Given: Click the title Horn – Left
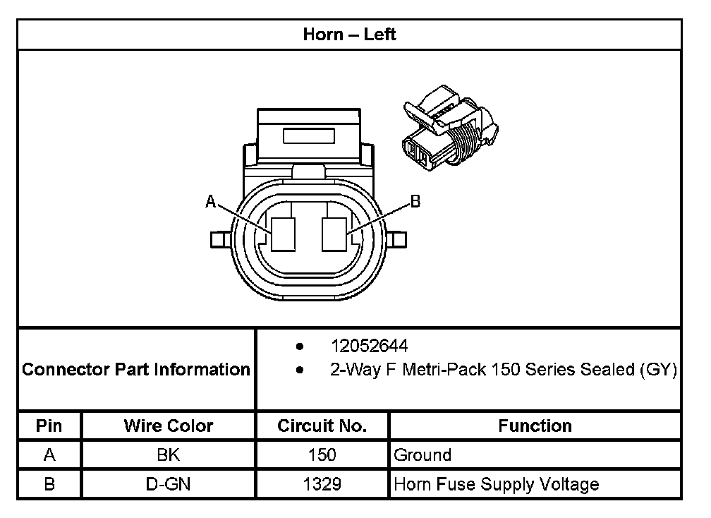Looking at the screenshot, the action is click(x=349, y=35).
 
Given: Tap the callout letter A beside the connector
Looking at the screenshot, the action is click(x=210, y=202).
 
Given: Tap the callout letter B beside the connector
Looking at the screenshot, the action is click(x=415, y=202).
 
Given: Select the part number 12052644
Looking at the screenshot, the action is click(x=370, y=347).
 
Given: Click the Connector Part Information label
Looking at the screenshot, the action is click(x=136, y=369).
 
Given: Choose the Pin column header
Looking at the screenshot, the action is click(x=49, y=426).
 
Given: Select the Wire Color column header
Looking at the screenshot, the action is click(x=169, y=426).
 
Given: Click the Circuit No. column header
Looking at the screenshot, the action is click(x=322, y=426).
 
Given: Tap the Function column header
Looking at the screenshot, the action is click(x=535, y=426).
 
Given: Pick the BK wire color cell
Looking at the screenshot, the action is click(x=169, y=455).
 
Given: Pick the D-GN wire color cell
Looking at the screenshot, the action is click(x=169, y=484).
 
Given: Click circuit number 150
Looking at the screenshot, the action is click(x=322, y=455).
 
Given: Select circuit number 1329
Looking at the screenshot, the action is click(x=322, y=484).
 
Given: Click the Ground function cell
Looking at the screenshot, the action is click(x=423, y=455).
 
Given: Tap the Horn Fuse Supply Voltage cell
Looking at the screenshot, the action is click(x=496, y=484).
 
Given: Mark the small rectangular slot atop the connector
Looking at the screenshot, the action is click(x=310, y=135).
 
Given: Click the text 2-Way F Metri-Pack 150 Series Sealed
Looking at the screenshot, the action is click(x=504, y=369).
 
